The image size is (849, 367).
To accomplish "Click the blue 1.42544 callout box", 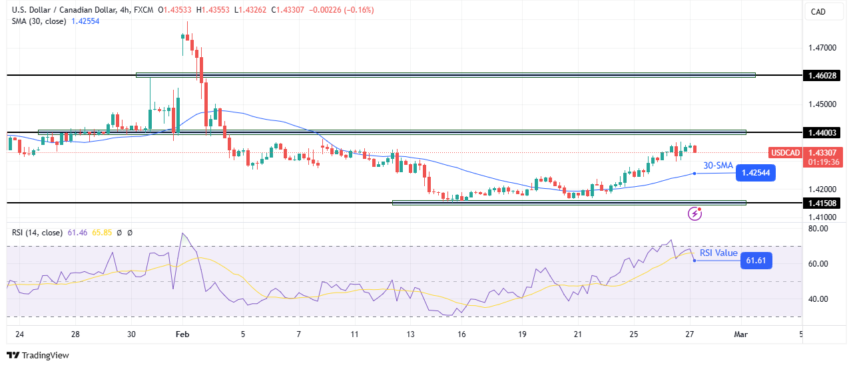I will tap(755, 174).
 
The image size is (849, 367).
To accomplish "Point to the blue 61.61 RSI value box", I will tap(756, 261).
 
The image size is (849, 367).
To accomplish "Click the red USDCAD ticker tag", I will tap(784, 152).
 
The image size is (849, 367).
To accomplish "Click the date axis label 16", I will tap(462, 334).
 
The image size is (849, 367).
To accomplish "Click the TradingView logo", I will tap(39, 356).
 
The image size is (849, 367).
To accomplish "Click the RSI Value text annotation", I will tap(718, 253).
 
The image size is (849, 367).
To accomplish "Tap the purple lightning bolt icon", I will tap(695, 213).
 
